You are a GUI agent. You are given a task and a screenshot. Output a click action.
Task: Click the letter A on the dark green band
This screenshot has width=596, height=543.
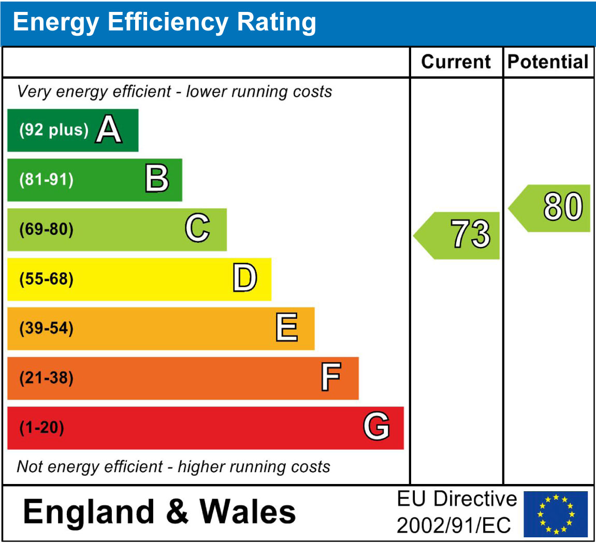[x=109, y=129]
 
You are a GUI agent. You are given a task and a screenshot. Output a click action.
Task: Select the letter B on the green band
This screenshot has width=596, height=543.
[x=157, y=179]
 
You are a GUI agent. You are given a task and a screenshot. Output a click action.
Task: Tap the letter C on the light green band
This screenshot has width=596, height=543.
[x=197, y=228]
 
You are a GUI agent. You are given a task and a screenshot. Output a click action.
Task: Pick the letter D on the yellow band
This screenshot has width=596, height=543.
[x=244, y=278]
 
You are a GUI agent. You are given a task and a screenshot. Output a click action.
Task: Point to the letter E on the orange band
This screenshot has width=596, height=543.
[x=286, y=328]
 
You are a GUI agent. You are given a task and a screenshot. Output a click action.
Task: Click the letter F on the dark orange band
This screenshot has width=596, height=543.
[x=330, y=377]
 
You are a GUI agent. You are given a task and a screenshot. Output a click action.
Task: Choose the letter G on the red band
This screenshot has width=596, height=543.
[x=376, y=427]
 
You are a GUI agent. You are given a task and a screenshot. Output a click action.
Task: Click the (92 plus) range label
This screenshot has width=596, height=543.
[x=54, y=130]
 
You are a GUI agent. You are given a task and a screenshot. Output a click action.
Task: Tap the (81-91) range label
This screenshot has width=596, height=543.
[x=47, y=180]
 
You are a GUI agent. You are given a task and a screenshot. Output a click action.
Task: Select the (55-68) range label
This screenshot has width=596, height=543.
[x=47, y=279]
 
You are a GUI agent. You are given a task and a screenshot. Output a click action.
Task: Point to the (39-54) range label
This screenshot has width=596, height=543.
[x=47, y=328]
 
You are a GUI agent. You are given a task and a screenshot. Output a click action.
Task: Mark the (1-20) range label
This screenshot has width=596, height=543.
[x=41, y=428]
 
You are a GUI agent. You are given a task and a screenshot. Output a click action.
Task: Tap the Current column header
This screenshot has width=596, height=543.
[x=456, y=62]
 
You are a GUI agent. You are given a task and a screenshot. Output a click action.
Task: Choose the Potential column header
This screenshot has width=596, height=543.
[x=548, y=62]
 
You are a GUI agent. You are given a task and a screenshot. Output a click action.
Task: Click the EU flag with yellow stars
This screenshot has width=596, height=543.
[x=556, y=513]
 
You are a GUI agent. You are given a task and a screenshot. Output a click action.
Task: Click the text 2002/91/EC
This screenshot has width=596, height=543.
[x=454, y=525]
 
